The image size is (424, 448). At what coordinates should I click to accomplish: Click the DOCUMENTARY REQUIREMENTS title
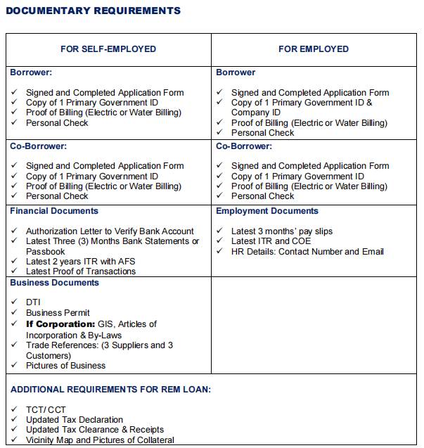tap(93, 11)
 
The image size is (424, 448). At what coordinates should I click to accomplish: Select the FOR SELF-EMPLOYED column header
tap(108, 49)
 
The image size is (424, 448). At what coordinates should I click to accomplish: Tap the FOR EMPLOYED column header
tap(314, 49)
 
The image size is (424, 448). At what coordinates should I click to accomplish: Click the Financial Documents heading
tap(54, 211)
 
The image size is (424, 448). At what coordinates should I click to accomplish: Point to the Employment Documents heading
tap(267, 211)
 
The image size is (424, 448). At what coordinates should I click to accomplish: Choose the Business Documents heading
tap(54, 283)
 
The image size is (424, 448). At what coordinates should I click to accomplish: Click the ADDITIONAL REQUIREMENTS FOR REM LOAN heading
tap(110, 389)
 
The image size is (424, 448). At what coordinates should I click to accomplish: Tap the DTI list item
tap(33, 302)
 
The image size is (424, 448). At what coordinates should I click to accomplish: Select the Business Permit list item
tap(58, 313)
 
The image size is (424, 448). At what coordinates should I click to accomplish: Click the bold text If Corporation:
tap(60, 324)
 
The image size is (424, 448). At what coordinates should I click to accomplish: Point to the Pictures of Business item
tap(65, 366)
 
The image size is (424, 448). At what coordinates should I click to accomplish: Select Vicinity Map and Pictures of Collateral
tap(100, 440)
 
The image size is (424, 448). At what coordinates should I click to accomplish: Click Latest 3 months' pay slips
tap(282, 231)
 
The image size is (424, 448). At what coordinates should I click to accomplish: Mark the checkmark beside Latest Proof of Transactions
tap(15, 271)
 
